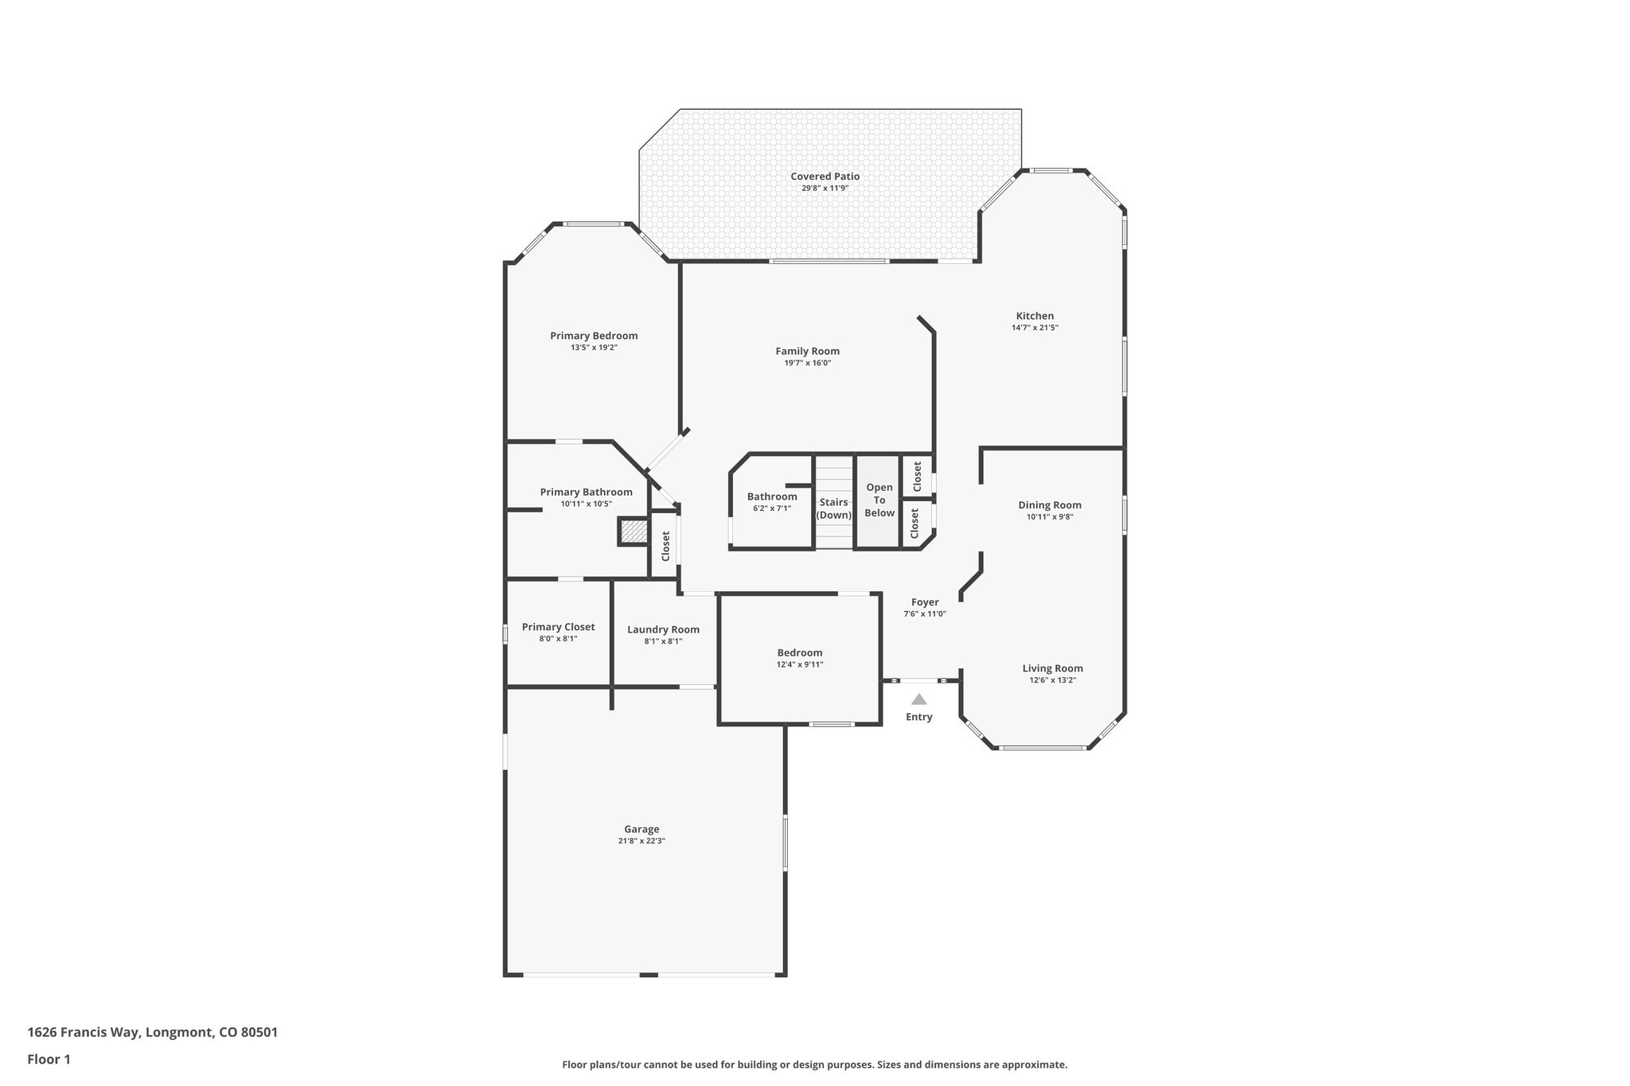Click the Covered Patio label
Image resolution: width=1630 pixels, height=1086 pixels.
[x=825, y=177]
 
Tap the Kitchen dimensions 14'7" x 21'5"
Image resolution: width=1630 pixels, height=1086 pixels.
[x=1034, y=328]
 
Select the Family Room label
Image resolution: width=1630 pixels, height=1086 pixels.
[x=807, y=351]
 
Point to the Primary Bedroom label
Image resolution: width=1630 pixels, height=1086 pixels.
[x=594, y=336]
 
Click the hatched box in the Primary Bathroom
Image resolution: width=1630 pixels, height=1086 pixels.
[x=634, y=531]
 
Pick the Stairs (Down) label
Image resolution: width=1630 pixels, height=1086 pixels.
[x=833, y=508]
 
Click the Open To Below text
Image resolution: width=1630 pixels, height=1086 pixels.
[x=879, y=500]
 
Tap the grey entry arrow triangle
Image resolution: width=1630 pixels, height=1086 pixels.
[x=918, y=699]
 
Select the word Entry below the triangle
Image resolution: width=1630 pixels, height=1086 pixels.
[x=918, y=717]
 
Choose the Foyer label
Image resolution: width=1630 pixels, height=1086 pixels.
[x=925, y=602]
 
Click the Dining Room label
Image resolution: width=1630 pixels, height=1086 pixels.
[x=1049, y=505]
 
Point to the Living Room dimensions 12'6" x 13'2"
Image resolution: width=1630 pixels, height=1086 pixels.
[x=1052, y=680]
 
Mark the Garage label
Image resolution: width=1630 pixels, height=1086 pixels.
[x=641, y=829]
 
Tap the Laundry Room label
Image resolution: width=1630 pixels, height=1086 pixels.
[x=663, y=629]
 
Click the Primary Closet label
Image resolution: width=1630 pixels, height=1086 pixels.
[x=558, y=627]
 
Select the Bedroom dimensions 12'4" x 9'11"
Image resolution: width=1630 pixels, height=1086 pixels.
[x=799, y=664]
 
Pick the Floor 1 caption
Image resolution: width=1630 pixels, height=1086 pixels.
[x=49, y=1059]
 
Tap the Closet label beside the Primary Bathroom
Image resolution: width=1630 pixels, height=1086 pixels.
[x=665, y=546]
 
